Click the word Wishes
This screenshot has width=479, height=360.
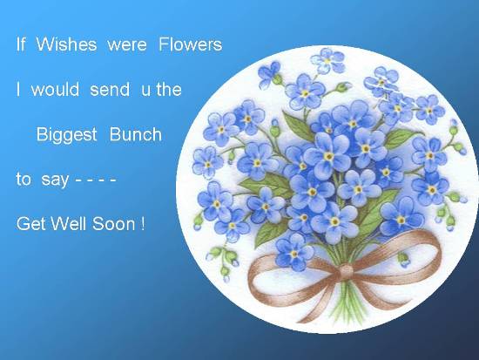pos(66,44)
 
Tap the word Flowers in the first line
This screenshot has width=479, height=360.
pos(191,44)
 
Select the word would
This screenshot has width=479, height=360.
pos(55,89)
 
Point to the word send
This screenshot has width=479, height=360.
pos(110,89)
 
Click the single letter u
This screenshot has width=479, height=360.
pos(145,91)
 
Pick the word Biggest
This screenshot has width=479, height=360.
pos(66,135)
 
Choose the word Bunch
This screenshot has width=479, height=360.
pos(135,134)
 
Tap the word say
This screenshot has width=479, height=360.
pos(55,180)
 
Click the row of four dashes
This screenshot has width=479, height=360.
pos(96,180)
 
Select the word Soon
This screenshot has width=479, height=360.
pos(113,224)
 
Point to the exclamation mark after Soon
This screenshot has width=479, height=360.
pos(143,224)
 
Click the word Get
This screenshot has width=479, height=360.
pos(31,224)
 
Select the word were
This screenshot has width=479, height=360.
pos(127,45)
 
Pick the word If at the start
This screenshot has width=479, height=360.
pos(21,44)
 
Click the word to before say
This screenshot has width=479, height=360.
pos(24,180)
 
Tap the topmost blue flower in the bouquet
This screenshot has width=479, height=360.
pos(327,60)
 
